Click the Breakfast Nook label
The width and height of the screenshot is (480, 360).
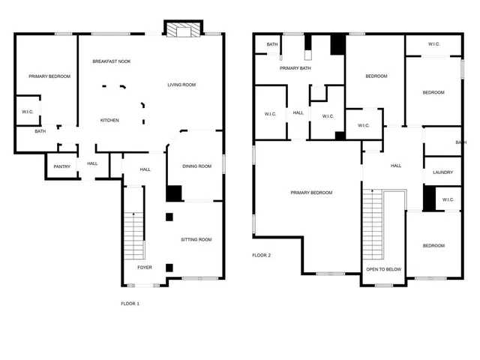(112, 61)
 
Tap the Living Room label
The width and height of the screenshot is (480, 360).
(181, 85)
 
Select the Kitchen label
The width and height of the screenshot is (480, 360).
(110, 120)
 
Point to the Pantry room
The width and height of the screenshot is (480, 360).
(61, 166)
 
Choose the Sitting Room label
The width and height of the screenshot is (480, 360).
(196, 240)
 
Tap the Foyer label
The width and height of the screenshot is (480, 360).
(145, 267)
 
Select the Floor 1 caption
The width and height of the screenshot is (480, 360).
(130, 304)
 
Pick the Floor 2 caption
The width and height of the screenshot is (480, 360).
(261, 255)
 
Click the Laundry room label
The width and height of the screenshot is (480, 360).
(442, 172)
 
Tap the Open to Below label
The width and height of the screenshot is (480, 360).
(382, 268)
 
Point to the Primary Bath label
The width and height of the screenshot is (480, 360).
(295, 68)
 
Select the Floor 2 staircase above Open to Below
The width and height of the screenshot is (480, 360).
(372, 224)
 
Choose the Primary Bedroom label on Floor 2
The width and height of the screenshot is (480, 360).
(311, 193)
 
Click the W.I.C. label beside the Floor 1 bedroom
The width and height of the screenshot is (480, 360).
(28, 112)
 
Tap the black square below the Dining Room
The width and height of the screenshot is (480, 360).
(174, 193)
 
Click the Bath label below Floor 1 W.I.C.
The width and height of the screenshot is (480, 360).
(40, 131)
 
